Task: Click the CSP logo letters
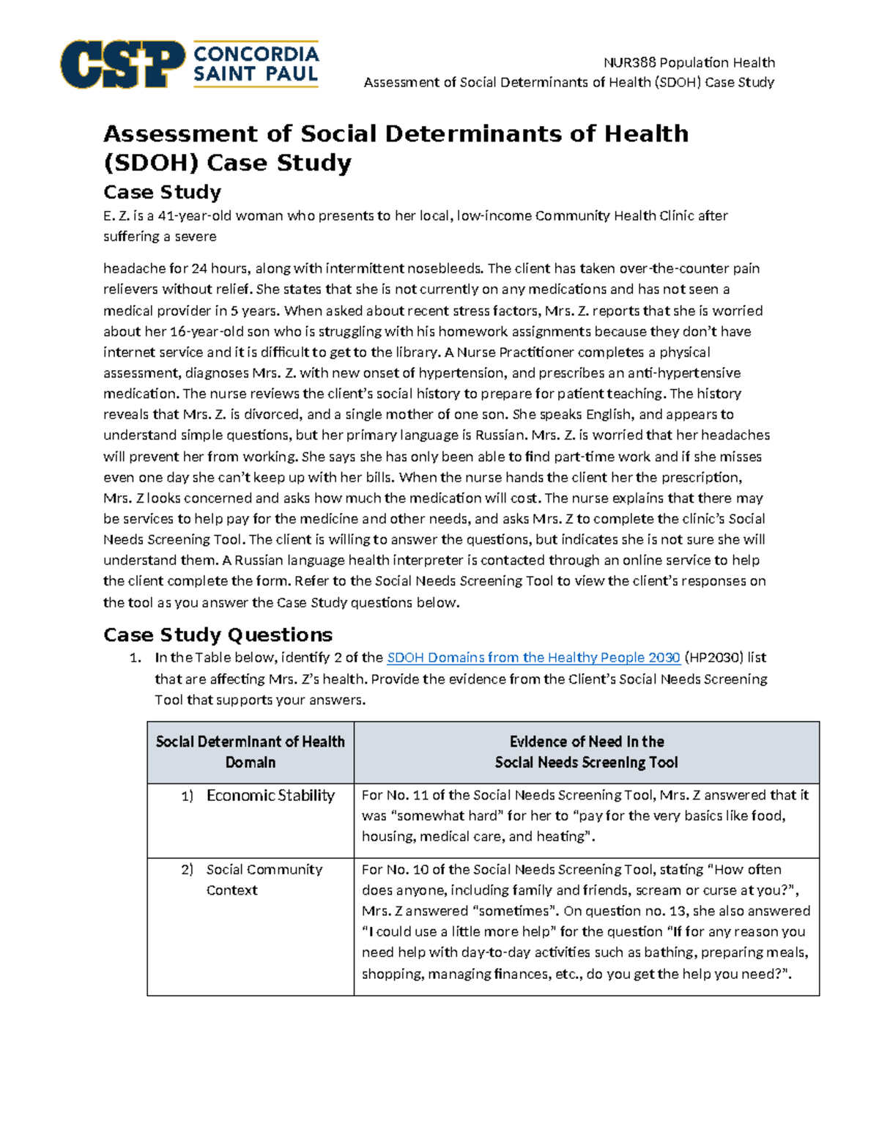click(x=122, y=64)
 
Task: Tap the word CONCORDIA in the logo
click(x=256, y=54)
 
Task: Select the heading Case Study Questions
click(x=218, y=635)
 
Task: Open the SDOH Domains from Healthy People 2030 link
click(x=533, y=657)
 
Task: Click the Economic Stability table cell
click(x=270, y=796)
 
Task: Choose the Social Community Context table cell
click(x=264, y=879)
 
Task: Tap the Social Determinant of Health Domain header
click(x=250, y=752)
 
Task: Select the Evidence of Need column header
click(x=586, y=752)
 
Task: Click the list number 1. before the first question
click(x=135, y=658)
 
